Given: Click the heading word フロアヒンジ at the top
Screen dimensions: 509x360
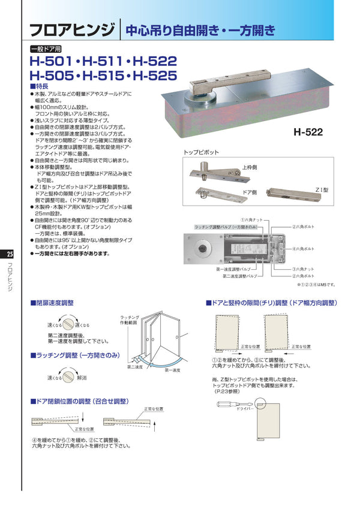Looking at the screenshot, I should point(73,30).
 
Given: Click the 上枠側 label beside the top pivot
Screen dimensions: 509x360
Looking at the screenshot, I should point(251,168).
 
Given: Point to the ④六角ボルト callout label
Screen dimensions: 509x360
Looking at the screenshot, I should point(304,248).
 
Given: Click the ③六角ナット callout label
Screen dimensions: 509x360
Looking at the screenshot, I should point(304,269).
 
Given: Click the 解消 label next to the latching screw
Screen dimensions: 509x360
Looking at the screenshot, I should point(82,378).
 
